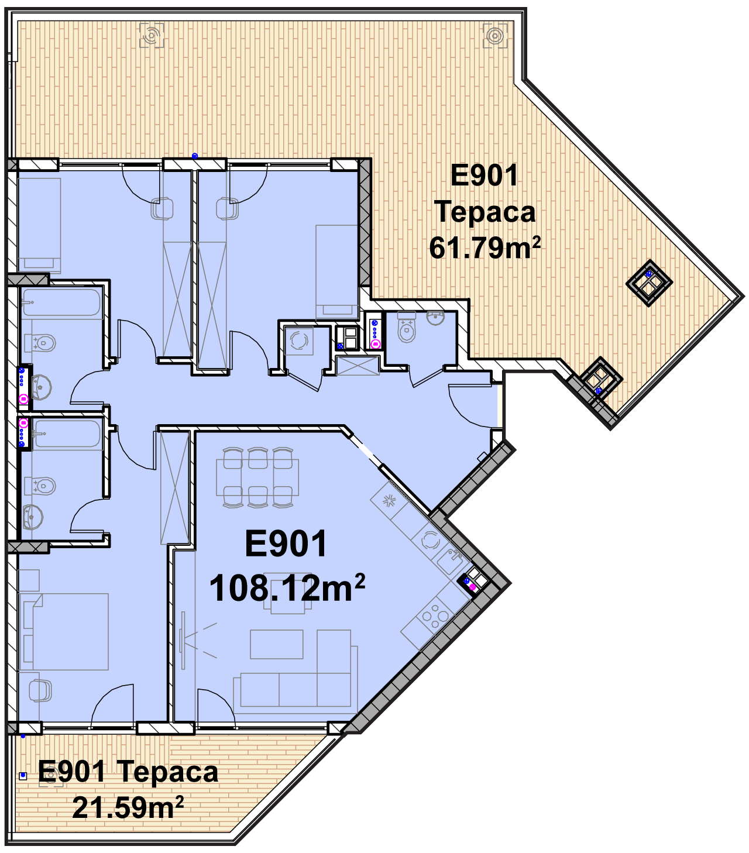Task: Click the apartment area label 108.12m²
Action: click(x=287, y=588)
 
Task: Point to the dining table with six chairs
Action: click(x=258, y=477)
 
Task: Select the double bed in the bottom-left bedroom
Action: click(x=63, y=631)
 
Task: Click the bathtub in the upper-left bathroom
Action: click(x=61, y=302)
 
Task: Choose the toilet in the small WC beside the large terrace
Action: click(x=407, y=326)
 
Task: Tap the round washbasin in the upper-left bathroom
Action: click(x=42, y=387)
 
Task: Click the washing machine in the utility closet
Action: click(x=298, y=340)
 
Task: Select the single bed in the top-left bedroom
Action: click(x=39, y=225)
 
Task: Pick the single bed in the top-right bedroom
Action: click(x=337, y=271)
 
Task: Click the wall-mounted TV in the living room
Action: click(x=183, y=640)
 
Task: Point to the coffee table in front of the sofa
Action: click(x=276, y=644)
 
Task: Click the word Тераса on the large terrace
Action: click(x=485, y=212)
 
